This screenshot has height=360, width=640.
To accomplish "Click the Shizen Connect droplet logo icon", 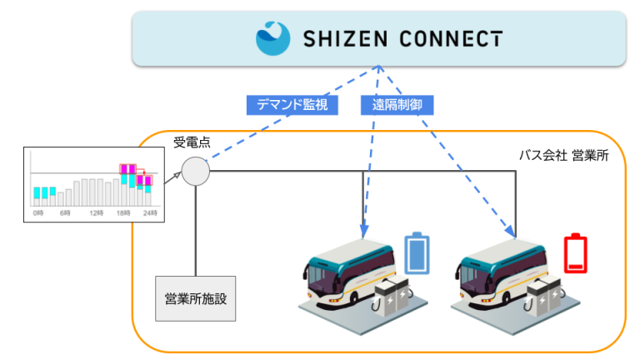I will tap(273, 37).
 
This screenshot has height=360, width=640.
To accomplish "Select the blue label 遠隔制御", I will tap(397, 105).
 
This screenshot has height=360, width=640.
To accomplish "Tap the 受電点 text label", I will tap(191, 142).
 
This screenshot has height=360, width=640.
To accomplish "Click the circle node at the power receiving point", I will tap(196, 171).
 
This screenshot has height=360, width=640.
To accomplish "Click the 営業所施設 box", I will tap(195, 297).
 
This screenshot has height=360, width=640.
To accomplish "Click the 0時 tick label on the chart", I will tap(37, 214).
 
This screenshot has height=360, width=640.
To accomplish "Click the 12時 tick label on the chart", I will tap(96, 214).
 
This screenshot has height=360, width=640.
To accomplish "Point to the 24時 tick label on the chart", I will tap(148, 214).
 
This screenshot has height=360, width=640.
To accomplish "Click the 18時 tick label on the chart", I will tap(123, 214).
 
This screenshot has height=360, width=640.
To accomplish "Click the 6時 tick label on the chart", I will tap(66, 214).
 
